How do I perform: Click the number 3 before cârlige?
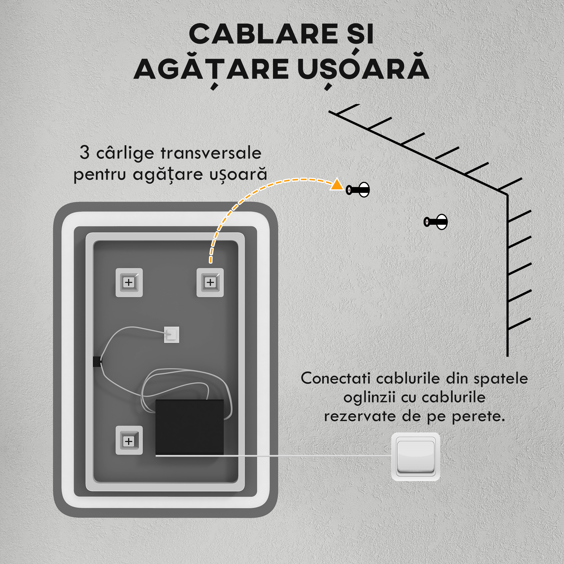pyautogui.click(x=84, y=152)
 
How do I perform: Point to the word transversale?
pyautogui.click(x=211, y=153)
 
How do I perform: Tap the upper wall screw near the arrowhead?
pyautogui.click(x=358, y=190)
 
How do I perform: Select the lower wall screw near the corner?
pyautogui.click(x=436, y=222)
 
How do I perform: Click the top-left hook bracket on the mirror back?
pyautogui.click(x=129, y=282)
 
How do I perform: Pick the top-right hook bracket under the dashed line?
pyautogui.click(x=210, y=282)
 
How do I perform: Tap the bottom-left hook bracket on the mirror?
pyautogui.click(x=129, y=441)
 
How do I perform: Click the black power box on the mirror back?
pyautogui.click(x=190, y=427)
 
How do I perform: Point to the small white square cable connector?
pyautogui.click(x=171, y=334)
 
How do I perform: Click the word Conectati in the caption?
pyautogui.click(x=335, y=379)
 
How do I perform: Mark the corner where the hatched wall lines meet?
pyautogui.click(x=507, y=194)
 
